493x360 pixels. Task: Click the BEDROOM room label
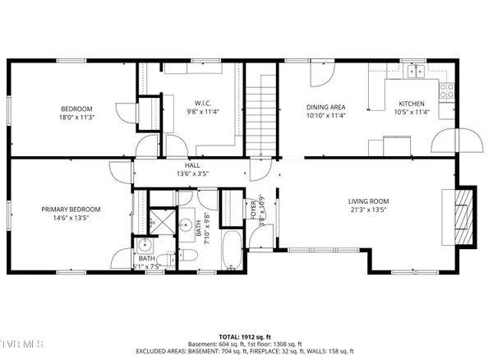click(76, 108)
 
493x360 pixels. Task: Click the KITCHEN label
click(411, 104)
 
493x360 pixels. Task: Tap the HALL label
click(192, 165)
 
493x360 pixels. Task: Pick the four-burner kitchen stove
click(448, 91)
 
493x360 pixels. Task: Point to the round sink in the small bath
click(145, 244)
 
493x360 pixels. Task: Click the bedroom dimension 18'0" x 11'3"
click(76, 118)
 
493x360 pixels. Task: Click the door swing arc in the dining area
click(320, 76)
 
